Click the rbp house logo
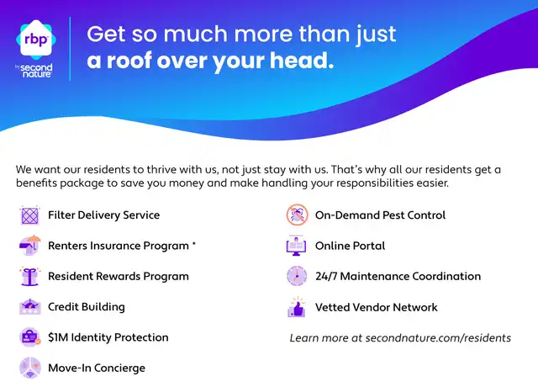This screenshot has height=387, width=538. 36,40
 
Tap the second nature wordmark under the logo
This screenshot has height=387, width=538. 35,71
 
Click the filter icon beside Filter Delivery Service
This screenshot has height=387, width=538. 30,215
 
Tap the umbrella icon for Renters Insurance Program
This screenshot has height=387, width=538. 30,246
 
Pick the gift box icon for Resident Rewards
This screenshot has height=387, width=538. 30,276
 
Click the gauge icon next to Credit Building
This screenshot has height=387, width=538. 30,306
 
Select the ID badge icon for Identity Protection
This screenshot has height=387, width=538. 30,337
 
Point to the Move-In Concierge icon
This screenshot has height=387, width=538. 30,368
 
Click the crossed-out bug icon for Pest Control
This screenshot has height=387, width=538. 297,215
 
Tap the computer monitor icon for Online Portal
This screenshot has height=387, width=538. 297,246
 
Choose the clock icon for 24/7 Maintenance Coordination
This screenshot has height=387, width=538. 297,276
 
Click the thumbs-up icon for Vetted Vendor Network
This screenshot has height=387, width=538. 297,307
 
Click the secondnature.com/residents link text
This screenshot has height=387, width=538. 438,338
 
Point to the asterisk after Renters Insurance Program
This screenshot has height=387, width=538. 194,243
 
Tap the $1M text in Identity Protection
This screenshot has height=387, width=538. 58,337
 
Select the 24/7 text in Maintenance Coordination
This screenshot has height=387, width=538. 326,276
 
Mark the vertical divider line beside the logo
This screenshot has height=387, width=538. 70,49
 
